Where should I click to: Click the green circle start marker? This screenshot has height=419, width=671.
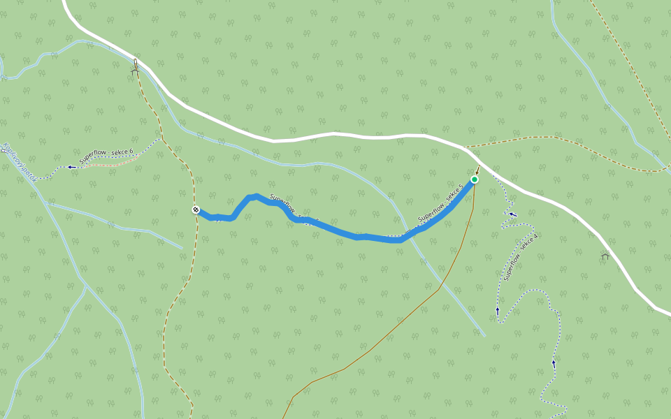tap(475, 179)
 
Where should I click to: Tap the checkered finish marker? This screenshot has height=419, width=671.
tap(196, 209)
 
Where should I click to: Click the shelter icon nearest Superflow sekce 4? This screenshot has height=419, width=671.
tap(605, 256)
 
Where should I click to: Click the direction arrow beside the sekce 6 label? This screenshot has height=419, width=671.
tap(71, 167)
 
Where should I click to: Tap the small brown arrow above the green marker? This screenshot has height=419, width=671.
tap(478, 170)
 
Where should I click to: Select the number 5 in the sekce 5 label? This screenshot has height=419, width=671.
tap(461, 189)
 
